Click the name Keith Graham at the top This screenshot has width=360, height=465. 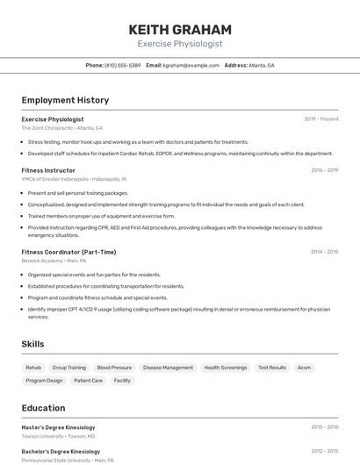coord(180,29)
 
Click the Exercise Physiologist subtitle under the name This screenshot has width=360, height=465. coord(180,44)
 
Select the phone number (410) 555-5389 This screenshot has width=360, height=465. coord(123,65)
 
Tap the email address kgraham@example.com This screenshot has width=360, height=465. coord(191,65)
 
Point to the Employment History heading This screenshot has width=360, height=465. coord(65,100)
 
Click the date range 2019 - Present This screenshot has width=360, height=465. coord(321,118)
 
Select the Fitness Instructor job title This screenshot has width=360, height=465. coord(48,170)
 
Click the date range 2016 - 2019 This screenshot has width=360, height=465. coord(324,170)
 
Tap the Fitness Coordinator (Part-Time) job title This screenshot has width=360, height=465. coord(68,252)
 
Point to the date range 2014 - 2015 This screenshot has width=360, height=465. coord(324,252)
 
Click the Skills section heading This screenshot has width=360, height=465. coord(32,344)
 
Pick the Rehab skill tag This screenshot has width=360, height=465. coord(33,368)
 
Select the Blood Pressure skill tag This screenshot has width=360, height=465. coord(114,368)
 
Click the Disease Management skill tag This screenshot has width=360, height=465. coord(168,368)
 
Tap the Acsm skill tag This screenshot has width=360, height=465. coord(304,368)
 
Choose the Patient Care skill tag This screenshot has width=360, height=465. coord(88,381)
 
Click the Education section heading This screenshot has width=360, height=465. coord(43,408)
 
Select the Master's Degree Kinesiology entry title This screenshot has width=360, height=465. coord(58,427)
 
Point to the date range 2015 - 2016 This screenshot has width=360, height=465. coord(324,427)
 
